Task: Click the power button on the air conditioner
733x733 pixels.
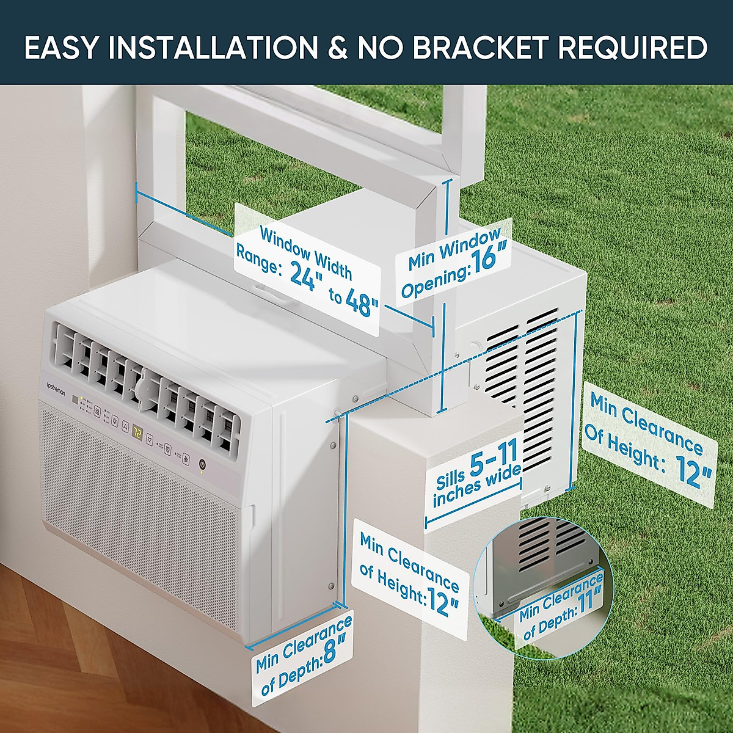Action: [202, 465]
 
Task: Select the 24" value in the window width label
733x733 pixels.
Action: [303, 276]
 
